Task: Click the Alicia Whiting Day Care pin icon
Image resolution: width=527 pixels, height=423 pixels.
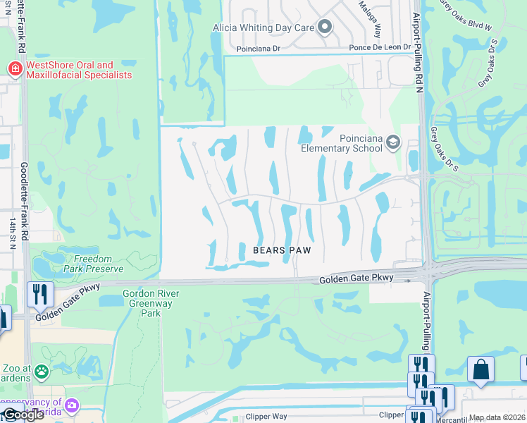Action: (324, 27)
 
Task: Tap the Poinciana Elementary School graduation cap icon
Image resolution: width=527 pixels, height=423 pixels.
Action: (392, 144)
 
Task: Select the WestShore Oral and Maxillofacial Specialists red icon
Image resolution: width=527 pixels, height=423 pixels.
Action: (14, 68)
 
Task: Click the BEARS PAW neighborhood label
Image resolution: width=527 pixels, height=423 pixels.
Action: (282, 250)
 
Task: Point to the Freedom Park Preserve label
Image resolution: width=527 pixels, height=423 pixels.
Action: (93, 263)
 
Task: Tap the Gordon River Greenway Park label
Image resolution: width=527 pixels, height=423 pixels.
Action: (151, 303)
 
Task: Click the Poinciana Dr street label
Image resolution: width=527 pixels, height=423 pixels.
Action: (258, 49)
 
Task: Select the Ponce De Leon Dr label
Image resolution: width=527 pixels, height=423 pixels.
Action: (378, 49)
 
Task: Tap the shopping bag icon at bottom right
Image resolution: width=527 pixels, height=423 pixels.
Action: (480, 369)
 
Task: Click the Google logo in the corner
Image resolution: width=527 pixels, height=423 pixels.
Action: (23, 415)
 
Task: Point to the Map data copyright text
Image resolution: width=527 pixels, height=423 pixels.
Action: (497, 417)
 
